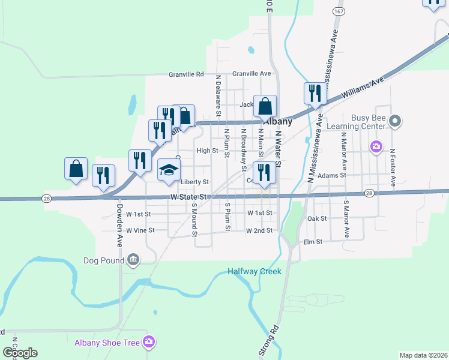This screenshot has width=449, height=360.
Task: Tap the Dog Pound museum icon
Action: (x=133, y=260)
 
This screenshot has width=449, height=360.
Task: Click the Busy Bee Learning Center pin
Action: (x=394, y=122)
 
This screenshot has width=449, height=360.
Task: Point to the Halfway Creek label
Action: (x=255, y=271)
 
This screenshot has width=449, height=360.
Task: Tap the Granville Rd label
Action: (x=187, y=74)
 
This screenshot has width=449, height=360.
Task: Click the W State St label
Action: (x=188, y=197)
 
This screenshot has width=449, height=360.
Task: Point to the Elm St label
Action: (x=313, y=242)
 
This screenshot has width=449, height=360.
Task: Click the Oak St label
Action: (x=316, y=219)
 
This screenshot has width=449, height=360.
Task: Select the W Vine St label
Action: (x=140, y=230)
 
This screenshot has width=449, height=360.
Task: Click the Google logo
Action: (x=20, y=353)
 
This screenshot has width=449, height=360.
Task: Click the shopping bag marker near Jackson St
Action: (x=265, y=107)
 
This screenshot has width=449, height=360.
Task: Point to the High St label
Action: (x=207, y=151)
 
